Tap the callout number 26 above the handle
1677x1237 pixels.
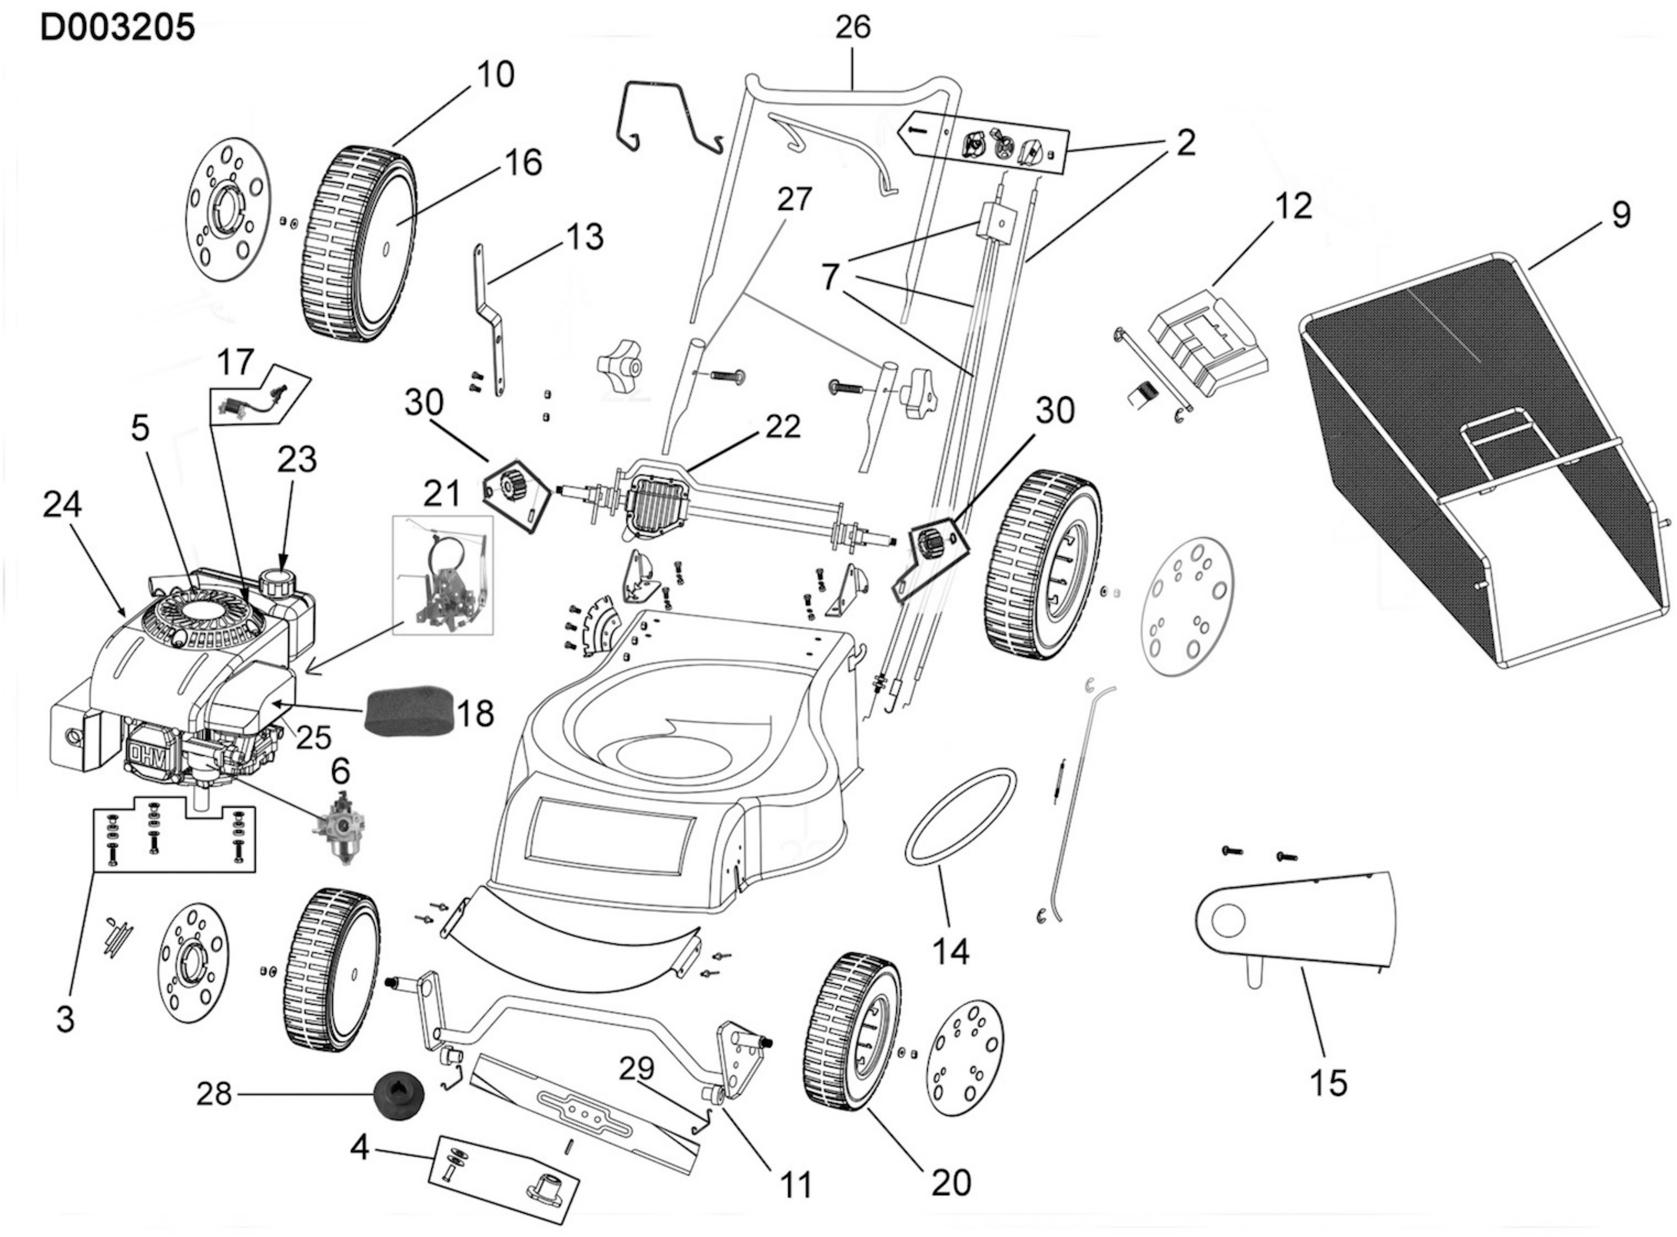click(853, 28)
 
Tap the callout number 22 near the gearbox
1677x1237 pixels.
click(782, 427)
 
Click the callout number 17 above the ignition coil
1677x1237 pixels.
click(235, 363)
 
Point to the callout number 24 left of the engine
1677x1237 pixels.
click(62, 506)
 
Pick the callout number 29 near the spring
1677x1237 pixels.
click(637, 1069)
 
